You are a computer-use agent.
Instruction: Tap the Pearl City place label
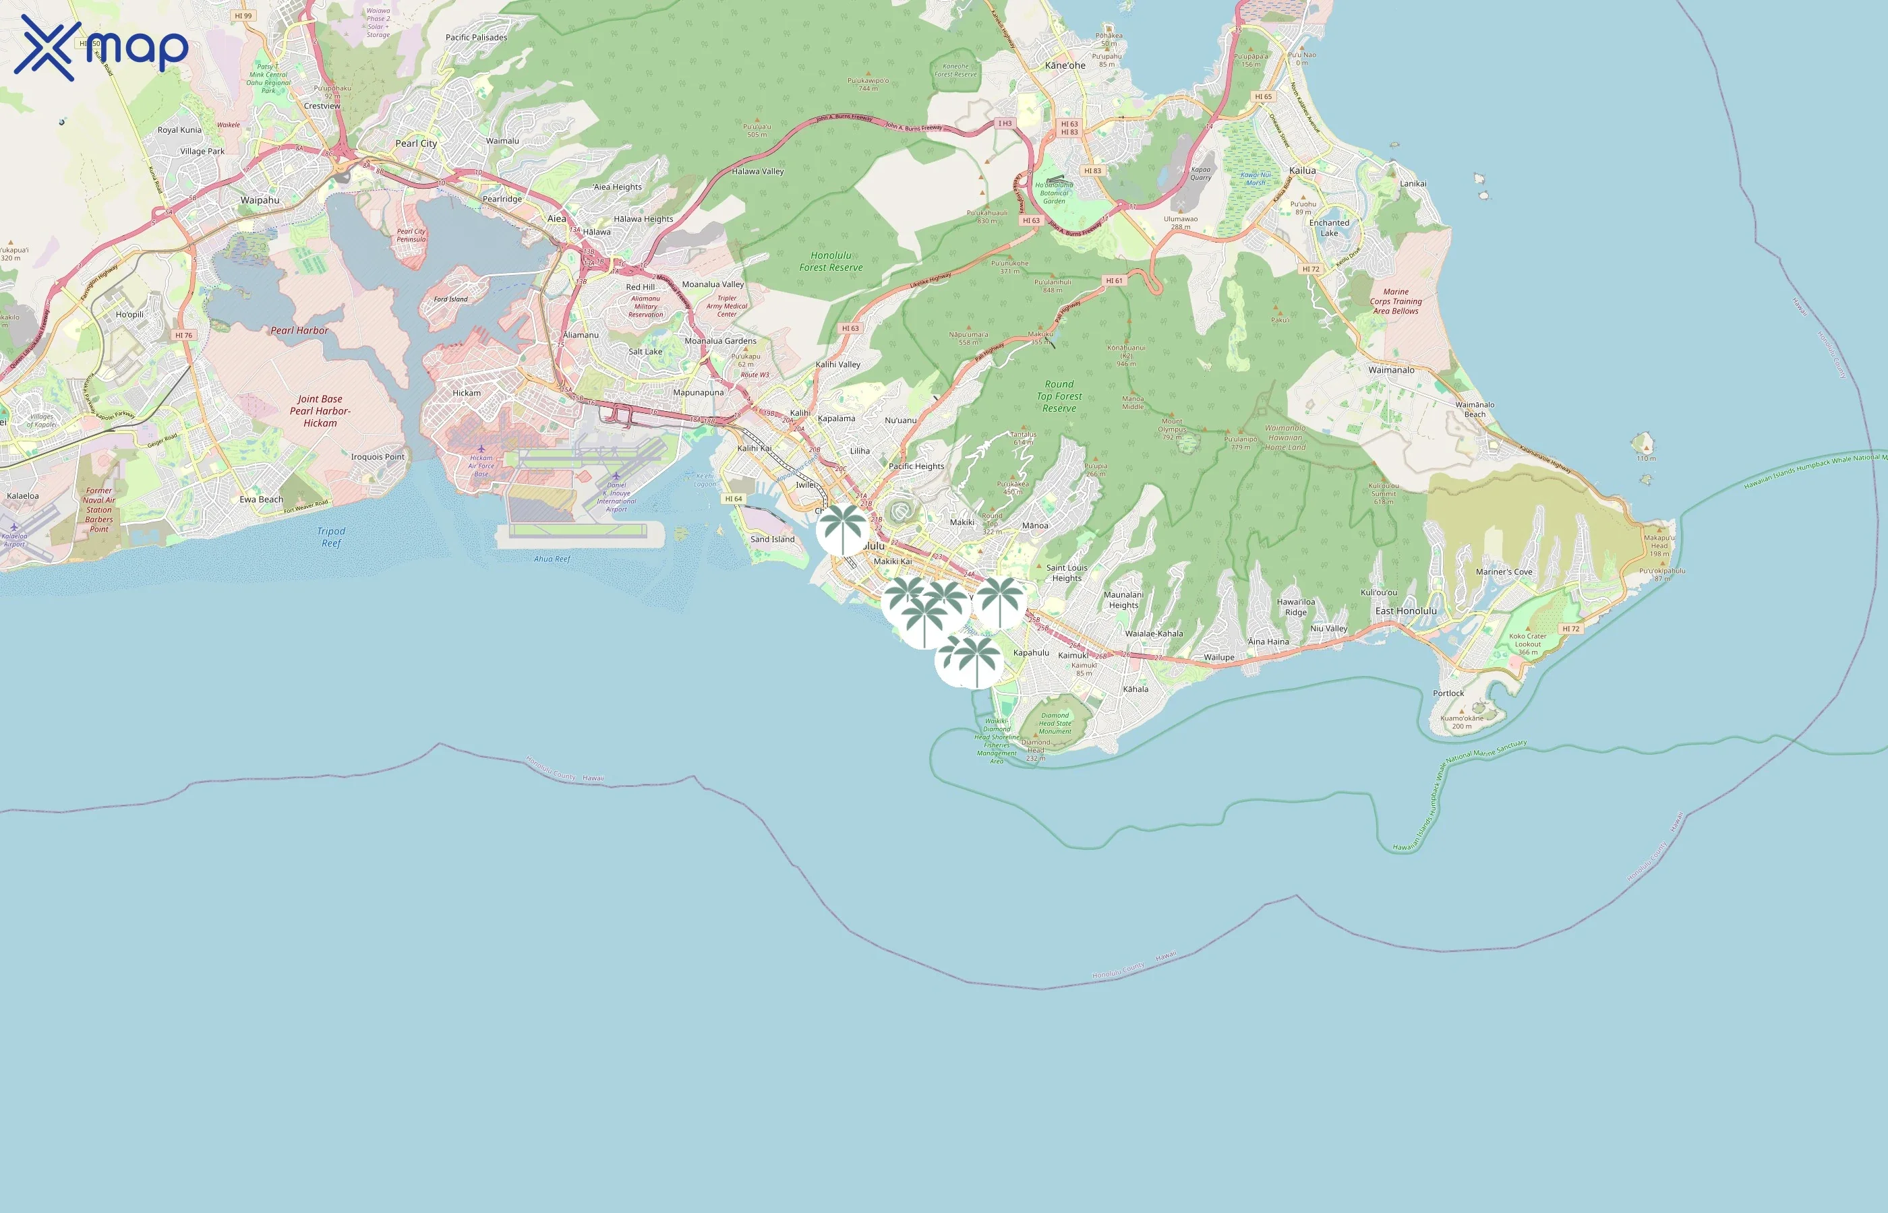pos(416,144)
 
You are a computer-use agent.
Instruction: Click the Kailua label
pos(1302,170)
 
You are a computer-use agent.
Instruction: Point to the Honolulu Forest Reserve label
pos(831,261)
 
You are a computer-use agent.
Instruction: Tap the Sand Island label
pos(772,540)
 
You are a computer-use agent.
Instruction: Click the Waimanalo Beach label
pos(1474,410)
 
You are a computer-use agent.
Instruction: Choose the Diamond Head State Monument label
pos(1055,723)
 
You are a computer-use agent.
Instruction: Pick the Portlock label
pos(1448,693)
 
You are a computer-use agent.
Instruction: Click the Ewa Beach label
pos(261,499)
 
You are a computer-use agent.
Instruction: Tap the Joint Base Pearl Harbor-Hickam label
pos(320,411)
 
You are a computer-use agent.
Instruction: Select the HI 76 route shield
pos(183,335)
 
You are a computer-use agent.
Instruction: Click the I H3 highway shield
pos(1005,124)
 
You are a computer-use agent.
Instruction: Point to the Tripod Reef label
pos(331,537)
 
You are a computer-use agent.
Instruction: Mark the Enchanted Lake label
pos(1328,228)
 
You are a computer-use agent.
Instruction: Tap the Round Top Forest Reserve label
pos(1059,396)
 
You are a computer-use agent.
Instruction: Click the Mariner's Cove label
pos(1504,572)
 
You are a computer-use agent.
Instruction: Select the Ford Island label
pos(450,299)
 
